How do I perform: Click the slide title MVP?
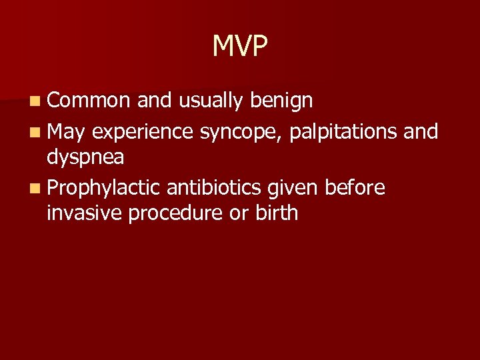(x=240, y=46)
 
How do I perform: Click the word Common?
(x=89, y=101)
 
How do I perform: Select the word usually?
(x=211, y=101)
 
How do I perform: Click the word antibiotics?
(x=214, y=189)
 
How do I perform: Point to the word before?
(x=355, y=189)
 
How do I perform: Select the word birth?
(x=276, y=213)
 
